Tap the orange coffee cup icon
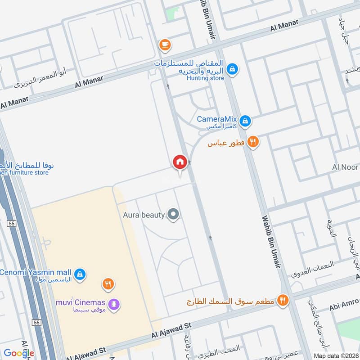pyautogui.click(x=165, y=44)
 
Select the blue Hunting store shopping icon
pyautogui.click(x=232, y=69)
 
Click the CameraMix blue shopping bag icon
pyautogui.click(x=245, y=120)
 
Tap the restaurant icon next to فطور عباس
pyautogui.click(x=253, y=142)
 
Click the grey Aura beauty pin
pyautogui.click(x=173, y=214)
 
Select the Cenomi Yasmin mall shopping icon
pyautogui.click(x=80, y=274)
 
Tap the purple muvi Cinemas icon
pyautogui.click(x=115, y=304)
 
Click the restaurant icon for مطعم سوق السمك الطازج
pyautogui.click(x=283, y=300)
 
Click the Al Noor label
pyautogui.click(x=346, y=167)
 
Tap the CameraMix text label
pyautogui.click(x=217, y=120)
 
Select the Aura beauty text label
pyautogui.click(x=144, y=215)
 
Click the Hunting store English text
pyautogui.click(x=205, y=78)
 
